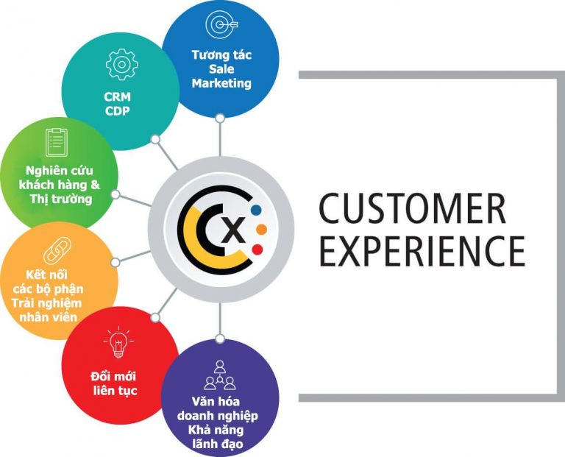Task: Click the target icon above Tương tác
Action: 221,24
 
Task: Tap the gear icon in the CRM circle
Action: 122,65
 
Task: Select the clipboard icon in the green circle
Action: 57,142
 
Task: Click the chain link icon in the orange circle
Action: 57,250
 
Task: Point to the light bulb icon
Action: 118,341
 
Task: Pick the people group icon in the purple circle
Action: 220,375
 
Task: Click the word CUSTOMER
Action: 413,209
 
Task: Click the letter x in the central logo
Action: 235,230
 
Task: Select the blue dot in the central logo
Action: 256,210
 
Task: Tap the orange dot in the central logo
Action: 261,230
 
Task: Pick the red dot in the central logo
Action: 257,249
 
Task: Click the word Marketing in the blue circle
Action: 221,83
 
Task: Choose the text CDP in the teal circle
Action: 118,111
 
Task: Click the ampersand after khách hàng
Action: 95,185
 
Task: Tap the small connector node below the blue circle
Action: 220,118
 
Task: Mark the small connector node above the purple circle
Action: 220,339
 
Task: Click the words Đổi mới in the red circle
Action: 113,376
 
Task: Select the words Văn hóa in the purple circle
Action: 216,401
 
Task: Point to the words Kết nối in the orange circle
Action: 46,274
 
